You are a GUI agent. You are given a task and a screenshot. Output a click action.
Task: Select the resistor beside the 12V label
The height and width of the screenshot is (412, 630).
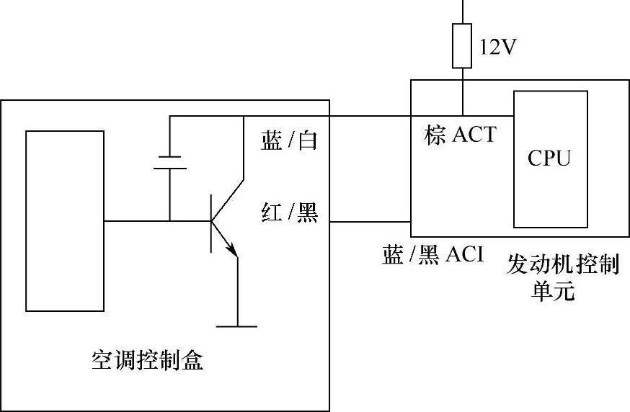point(461,46)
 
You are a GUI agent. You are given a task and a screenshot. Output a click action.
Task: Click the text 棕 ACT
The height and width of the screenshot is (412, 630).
point(461,135)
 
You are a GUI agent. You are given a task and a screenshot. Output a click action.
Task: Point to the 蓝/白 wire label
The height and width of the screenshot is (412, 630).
point(288,141)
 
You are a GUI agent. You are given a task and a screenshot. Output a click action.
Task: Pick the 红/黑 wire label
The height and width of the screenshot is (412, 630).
point(288,213)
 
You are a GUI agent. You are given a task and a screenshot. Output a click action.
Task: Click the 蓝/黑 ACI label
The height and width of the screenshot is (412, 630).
point(432,255)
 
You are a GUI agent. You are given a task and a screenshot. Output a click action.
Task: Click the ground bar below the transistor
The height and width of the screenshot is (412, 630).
point(236,326)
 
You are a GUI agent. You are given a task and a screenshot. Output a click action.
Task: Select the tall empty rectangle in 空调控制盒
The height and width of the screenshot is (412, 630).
point(65,220)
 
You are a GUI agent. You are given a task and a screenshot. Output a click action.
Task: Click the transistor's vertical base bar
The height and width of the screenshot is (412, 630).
point(211,222)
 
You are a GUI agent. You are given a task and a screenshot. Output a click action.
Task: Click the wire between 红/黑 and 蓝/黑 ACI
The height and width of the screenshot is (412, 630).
point(370,221)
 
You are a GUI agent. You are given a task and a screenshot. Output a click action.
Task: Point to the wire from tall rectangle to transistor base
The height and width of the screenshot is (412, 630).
point(137,221)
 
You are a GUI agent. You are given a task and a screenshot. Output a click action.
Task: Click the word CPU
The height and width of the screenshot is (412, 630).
point(549,158)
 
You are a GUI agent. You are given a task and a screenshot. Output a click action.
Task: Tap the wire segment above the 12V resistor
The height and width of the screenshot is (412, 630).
point(462,11)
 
